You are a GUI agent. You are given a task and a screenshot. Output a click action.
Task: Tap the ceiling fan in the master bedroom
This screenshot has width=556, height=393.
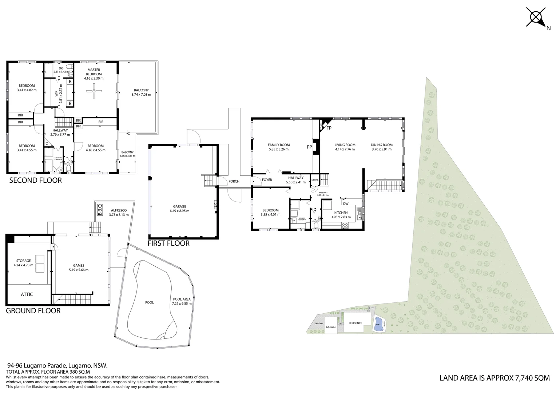click(x=94, y=91)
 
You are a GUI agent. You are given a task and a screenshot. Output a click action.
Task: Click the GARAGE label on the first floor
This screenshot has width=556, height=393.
click(x=179, y=206)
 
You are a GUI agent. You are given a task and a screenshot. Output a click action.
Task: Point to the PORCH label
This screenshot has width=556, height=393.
click(x=234, y=181)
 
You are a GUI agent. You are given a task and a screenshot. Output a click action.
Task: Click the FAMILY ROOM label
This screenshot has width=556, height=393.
click(x=279, y=145)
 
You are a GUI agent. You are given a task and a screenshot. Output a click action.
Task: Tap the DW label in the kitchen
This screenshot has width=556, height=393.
click(x=345, y=204)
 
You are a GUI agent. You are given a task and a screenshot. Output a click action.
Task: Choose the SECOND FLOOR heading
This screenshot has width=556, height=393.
click(x=35, y=180)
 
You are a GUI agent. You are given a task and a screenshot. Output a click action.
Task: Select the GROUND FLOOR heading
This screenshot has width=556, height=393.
click(x=33, y=311)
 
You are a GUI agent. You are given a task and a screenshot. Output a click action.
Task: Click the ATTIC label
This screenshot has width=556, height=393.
click(x=27, y=294)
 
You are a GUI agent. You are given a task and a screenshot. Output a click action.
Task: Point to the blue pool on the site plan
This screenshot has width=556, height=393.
click(x=378, y=324)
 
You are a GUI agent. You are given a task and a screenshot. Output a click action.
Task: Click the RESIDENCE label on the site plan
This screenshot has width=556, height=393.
click(x=355, y=323)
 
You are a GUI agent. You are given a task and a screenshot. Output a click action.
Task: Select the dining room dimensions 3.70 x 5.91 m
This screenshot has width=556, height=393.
click(x=382, y=149)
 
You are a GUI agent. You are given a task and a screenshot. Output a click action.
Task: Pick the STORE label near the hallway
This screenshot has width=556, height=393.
click(x=315, y=180)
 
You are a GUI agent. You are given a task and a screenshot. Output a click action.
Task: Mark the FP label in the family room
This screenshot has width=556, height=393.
click(x=309, y=147)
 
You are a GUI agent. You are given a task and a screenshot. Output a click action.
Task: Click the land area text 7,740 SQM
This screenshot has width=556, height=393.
click(x=532, y=378)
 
